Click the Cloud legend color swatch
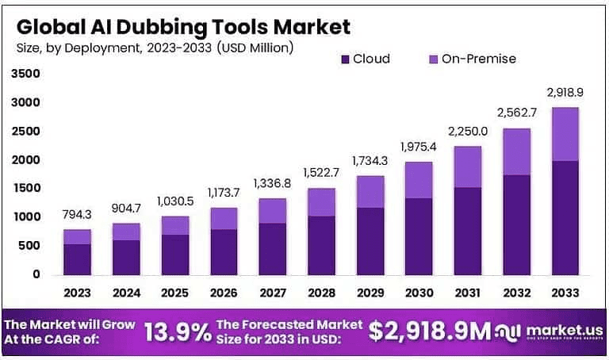(344, 59)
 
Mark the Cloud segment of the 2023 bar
(77, 259)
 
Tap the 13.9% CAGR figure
(178, 331)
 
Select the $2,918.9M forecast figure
(431, 331)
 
